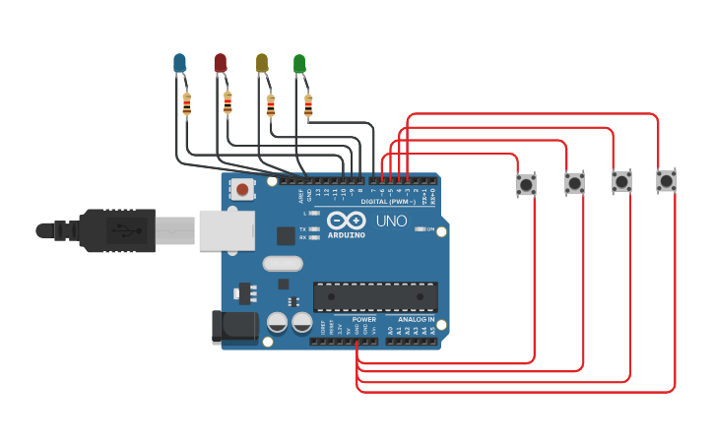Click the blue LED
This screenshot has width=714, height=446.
(x=179, y=64)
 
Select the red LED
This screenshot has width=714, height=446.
(x=221, y=64)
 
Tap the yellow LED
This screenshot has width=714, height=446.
(x=262, y=64)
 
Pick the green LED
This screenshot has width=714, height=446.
(x=299, y=65)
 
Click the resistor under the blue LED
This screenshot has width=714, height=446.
(x=187, y=103)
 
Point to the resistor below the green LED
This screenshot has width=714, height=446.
(x=308, y=104)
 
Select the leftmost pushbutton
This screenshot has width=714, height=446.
(x=527, y=184)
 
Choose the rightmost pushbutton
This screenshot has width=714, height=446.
(x=667, y=181)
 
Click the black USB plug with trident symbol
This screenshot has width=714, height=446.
(x=118, y=231)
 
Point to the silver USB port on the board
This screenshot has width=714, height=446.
(x=227, y=230)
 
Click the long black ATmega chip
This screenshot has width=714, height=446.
(x=375, y=296)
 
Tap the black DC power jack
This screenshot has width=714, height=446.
(x=234, y=328)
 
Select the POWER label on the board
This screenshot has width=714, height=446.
(x=363, y=320)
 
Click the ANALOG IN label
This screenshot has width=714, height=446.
(x=417, y=320)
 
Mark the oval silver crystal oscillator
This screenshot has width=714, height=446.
(x=284, y=263)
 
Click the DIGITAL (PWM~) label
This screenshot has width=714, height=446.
(x=387, y=202)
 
